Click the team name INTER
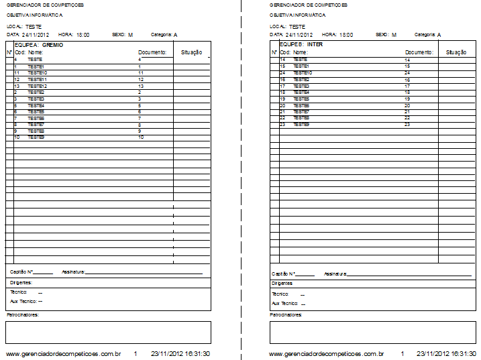tap(315, 44)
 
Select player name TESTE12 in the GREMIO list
tap(38, 86)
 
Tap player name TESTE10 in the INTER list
tap(303, 72)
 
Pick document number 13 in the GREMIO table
tap(141, 86)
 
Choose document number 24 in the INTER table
tap(407, 72)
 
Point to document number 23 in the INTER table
tap(407, 125)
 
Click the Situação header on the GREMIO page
tap(191, 52)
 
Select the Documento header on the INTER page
tap(419, 52)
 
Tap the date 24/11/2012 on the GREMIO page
tap(36, 34)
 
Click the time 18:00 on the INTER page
tap(346, 34)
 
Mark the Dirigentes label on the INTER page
tap(282, 283)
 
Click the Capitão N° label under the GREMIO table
tap(21, 272)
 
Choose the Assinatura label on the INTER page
tap(335, 274)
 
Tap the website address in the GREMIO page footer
tap(63, 353)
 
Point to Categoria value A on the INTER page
tap(439, 34)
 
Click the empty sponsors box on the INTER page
tap(372, 332)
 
